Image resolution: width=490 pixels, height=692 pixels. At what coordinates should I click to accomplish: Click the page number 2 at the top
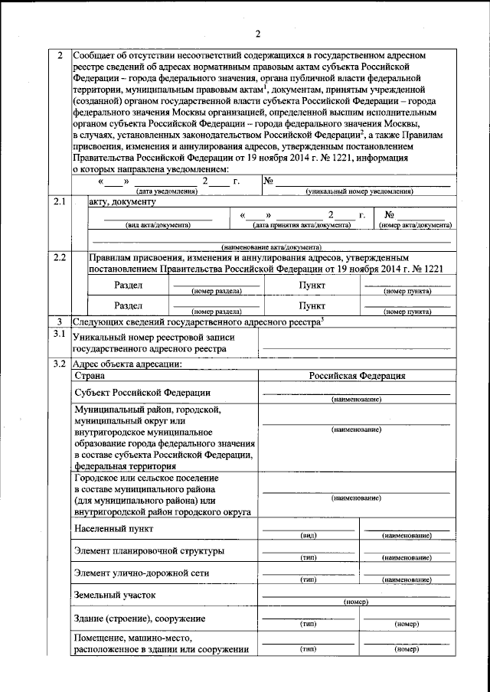tap(258, 33)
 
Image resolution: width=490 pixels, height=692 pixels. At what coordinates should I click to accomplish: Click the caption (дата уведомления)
tap(166, 191)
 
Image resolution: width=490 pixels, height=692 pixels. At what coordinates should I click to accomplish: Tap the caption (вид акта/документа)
tap(158, 225)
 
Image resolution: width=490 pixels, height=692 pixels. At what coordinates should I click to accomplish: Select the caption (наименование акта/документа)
tap(272, 247)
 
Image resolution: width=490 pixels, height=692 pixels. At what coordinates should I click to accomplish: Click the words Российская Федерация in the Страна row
tap(357, 376)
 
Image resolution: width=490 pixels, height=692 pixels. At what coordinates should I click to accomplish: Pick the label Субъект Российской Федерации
tap(143, 393)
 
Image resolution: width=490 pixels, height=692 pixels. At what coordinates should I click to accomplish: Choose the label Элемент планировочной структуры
tap(149, 551)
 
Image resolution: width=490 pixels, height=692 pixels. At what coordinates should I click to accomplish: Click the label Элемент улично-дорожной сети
tap(142, 573)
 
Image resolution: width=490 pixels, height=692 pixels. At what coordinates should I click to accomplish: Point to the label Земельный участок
tap(115, 594)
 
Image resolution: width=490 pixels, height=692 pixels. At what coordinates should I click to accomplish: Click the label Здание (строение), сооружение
tap(140, 617)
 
